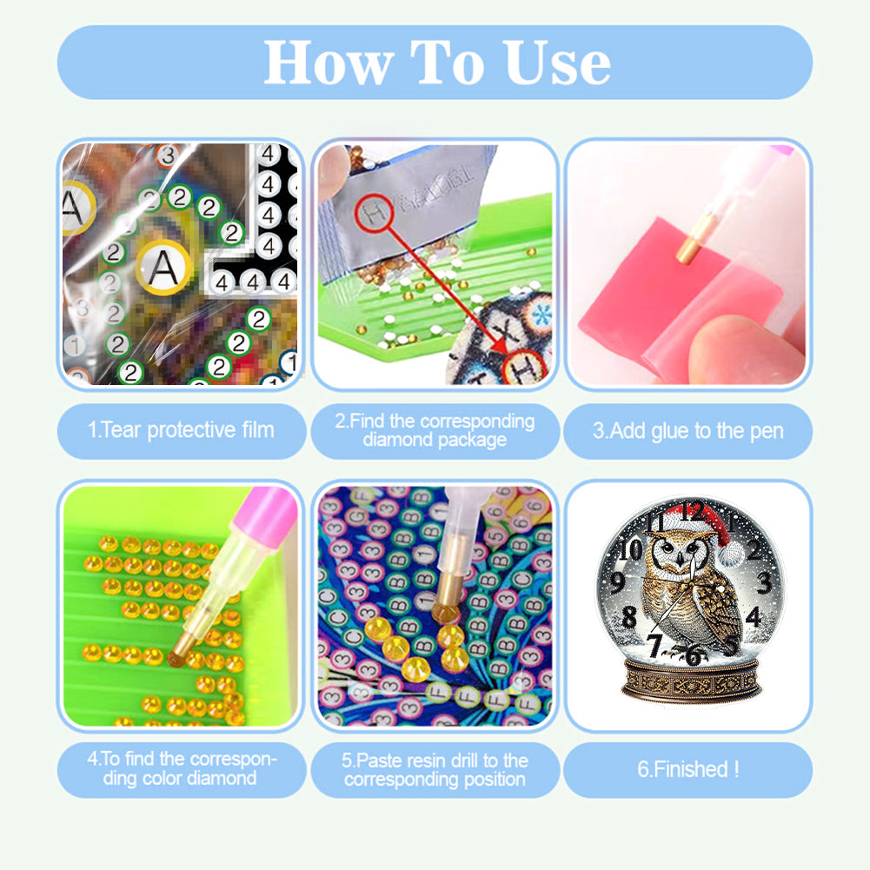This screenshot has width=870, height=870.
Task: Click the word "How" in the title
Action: point(329,63)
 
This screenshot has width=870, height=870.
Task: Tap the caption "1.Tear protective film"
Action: point(181,430)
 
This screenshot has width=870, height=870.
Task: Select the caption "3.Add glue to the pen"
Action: point(688,431)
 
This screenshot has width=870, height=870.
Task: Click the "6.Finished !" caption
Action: point(688,769)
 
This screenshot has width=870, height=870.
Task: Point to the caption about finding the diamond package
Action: point(435,430)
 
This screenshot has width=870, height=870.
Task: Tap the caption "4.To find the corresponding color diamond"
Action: point(181,768)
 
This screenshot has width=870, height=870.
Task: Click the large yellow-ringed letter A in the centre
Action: point(163,268)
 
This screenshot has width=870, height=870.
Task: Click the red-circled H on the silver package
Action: point(375,213)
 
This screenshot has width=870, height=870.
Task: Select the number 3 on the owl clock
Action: point(765,582)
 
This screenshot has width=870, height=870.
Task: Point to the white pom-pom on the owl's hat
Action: point(731,554)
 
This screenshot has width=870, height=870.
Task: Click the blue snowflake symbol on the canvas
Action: point(541,315)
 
